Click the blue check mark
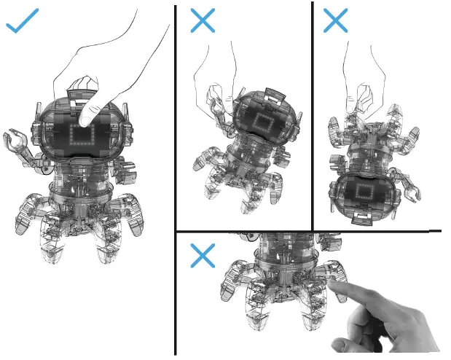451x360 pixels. tap(22, 23)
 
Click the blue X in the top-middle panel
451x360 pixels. tap(202, 20)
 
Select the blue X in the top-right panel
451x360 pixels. tap(335, 20)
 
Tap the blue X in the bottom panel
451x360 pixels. tap(202, 255)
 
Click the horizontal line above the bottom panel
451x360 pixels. tap(306, 232)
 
